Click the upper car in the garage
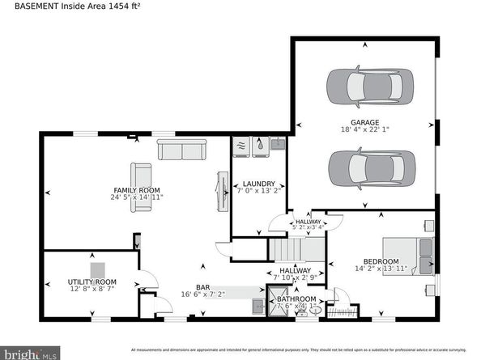pos(369,83)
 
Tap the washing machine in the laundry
pos(242,146)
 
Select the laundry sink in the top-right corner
pos(277,145)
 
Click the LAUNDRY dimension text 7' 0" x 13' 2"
pos(259,193)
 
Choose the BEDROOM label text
pos(381,261)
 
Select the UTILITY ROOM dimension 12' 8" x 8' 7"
pos(92,289)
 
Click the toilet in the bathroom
pos(313,309)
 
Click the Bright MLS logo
pos(30,353)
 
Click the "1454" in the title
pos(116,6)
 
